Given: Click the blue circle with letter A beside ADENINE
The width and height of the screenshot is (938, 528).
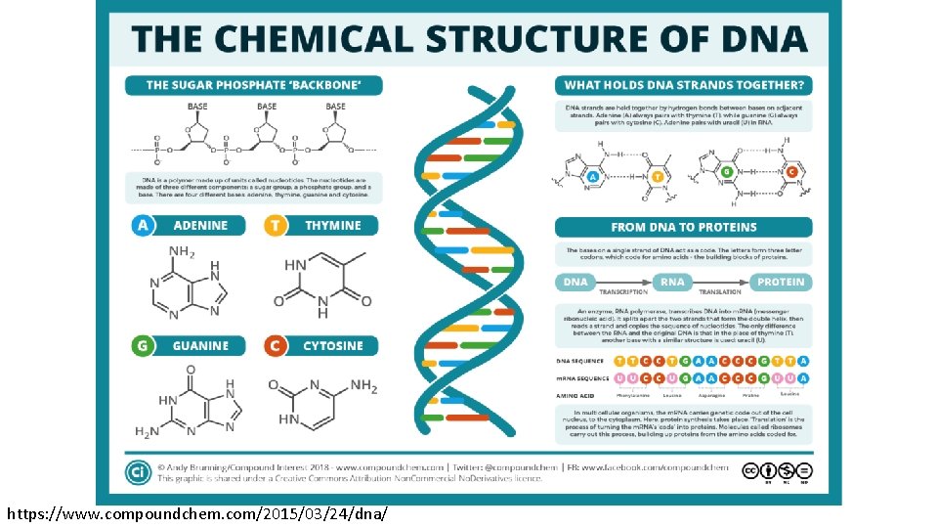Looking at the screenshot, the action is tap(143, 226).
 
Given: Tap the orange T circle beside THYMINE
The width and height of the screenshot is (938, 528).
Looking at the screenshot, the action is tap(276, 226).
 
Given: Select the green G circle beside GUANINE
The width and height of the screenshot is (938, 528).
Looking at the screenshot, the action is tap(143, 346).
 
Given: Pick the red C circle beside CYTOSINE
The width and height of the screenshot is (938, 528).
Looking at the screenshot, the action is tap(276, 346).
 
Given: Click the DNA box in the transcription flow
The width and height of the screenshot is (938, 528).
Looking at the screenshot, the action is tap(576, 282).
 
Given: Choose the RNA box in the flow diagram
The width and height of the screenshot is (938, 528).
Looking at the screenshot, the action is tap(672, 282).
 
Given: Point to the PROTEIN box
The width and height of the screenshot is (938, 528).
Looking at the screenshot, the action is tap(781, 282).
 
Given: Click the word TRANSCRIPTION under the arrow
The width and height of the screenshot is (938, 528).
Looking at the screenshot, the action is tap(623, 292).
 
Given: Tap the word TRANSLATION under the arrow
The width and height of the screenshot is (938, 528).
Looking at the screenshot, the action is tap(719, 292).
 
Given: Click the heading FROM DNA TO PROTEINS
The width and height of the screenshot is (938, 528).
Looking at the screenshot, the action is tap(684, 227).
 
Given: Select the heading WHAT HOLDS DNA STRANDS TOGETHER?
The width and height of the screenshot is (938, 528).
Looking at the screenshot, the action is tap(684, 85).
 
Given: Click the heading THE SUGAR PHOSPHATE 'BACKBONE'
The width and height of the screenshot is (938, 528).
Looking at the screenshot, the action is tap(253, 85).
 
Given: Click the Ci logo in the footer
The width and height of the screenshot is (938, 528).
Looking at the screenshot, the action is tap(137, 472).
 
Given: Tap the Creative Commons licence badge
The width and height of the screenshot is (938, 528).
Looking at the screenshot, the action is tap(777, 472).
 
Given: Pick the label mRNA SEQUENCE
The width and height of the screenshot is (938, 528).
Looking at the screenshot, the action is tap(583, 378).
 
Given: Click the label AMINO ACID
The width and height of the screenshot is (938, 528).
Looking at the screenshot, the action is tap(576, 395).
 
